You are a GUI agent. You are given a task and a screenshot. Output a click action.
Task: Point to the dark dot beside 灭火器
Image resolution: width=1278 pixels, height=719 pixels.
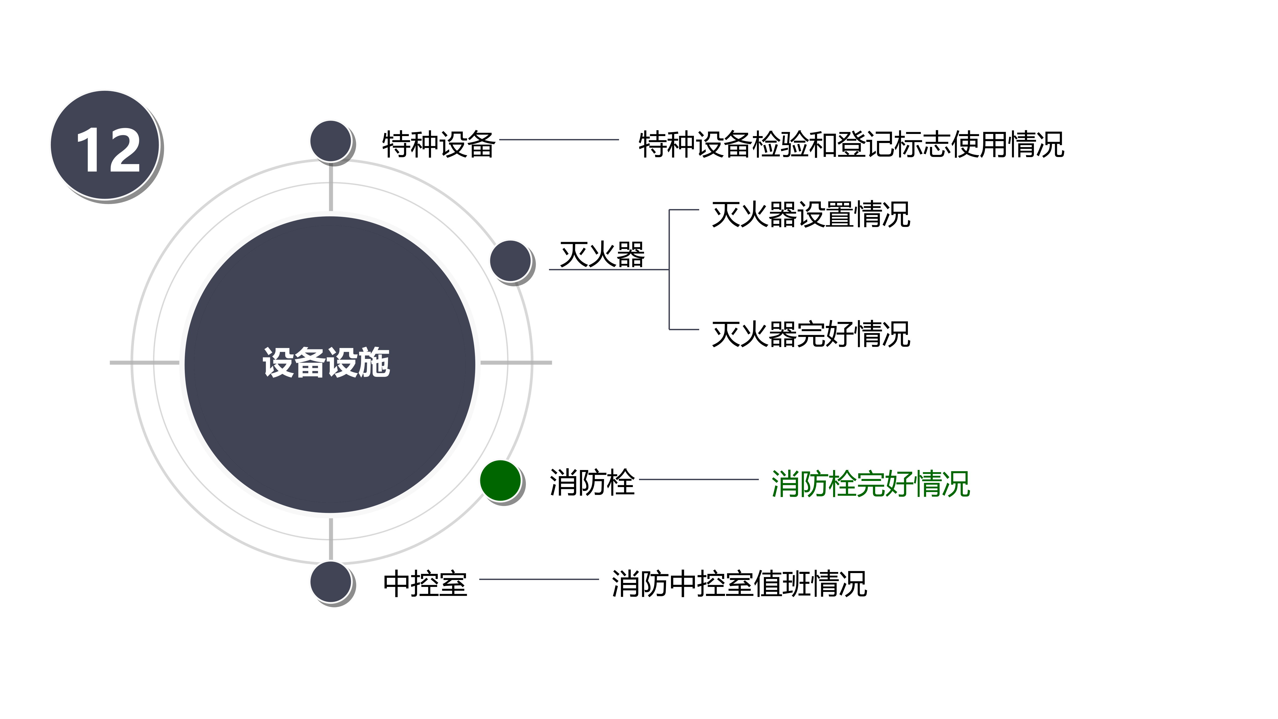[x=510, y=260]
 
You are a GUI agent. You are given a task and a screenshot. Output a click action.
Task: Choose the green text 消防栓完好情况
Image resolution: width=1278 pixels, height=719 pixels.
[x=870, y=484]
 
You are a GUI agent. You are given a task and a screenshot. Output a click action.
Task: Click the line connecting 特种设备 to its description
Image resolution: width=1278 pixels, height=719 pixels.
[x=559, y=140]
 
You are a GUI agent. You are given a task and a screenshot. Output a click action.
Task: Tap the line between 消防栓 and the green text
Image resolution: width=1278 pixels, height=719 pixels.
[x=699, y=479]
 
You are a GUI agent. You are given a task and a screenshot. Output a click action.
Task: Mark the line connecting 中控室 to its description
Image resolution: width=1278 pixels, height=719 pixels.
[x=539, y=579]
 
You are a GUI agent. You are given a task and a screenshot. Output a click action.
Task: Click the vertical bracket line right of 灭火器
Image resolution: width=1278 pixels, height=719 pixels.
[x=669, y=269]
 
